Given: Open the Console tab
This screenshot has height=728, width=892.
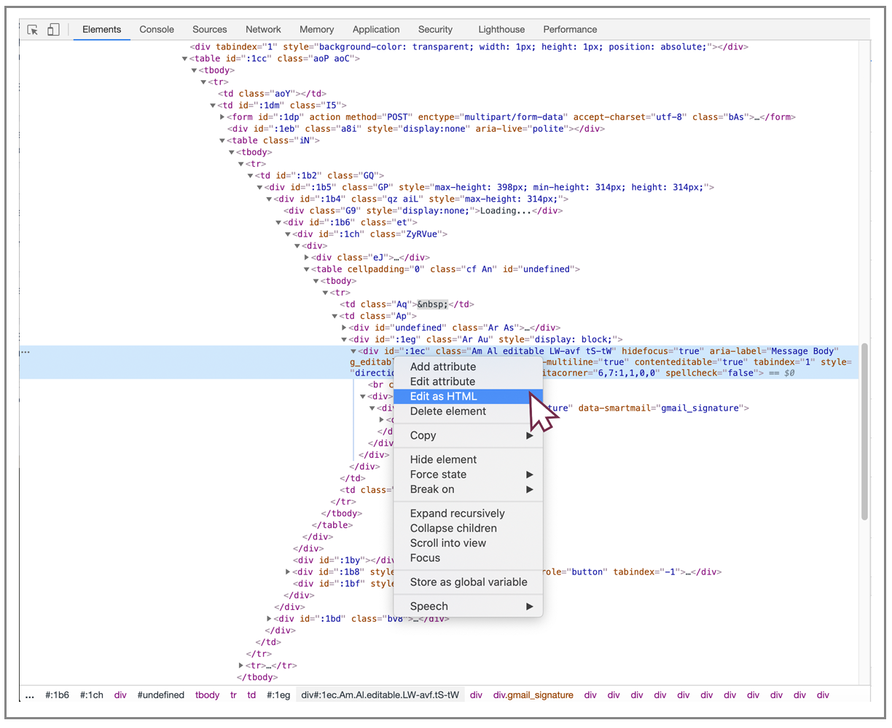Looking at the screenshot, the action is (x=157, y=30).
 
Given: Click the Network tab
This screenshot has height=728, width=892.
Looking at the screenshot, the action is (x=263, y=30).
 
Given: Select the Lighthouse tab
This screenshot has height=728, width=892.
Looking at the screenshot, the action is (x=501, y=30).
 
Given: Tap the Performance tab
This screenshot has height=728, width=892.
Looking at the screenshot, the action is (x=570, y=30).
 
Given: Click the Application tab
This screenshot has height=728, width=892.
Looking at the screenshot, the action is (x=376, y=30).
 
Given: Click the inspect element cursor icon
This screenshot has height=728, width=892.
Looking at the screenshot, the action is (x=32, y=30).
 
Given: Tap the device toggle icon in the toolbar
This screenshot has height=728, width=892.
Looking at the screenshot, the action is (x=53, y=30).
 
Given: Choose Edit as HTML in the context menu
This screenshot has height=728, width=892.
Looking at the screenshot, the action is (x=443, y=396).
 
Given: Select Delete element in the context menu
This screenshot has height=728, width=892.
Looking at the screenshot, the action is (x=448, y=411).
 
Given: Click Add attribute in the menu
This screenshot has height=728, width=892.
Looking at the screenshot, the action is (x=443, y=367).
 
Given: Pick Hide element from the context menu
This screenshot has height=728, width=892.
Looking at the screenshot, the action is (x=443, y=459).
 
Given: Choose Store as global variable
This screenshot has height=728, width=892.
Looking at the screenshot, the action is (x=469, y=582).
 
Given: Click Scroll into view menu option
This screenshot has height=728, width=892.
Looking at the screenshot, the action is (x=448, y=543).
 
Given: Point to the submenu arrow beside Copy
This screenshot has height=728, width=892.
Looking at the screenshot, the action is (x=529, y=435).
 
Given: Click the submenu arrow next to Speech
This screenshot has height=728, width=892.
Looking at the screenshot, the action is (x=529, y=606).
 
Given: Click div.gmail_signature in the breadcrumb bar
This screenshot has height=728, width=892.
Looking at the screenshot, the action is (x=533, y=695).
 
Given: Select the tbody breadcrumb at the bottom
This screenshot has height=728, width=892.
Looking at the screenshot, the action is (x=207, y=695).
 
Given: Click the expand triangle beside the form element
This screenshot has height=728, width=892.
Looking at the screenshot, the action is (x=222, y=117).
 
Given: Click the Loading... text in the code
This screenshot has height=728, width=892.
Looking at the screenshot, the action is (x=506, y=211).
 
